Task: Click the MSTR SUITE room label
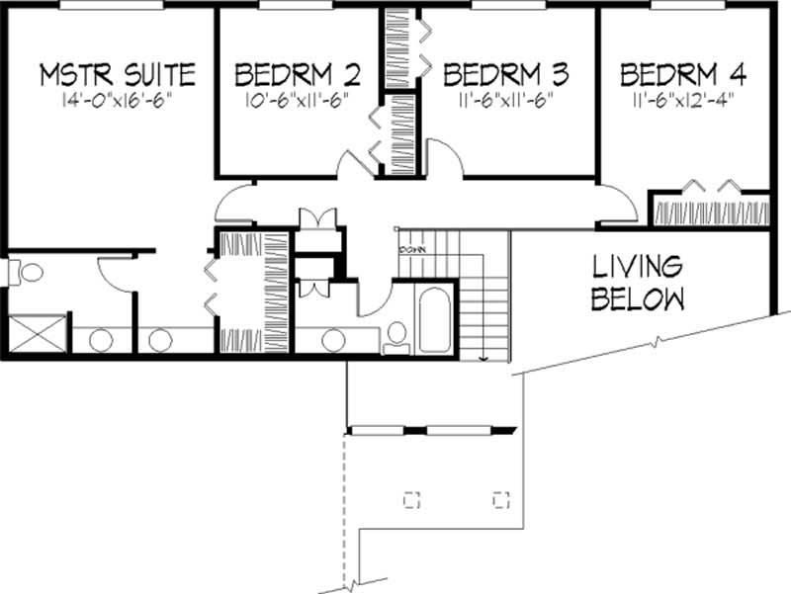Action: [x=117, y=74]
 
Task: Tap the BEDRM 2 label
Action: [x=297, y=74]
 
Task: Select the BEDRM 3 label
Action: [x=506, y=74]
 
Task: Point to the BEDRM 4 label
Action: [x=683, y=74]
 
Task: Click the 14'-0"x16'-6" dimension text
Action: [x=117, y=101]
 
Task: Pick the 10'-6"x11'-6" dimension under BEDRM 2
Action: [x=297, y=101]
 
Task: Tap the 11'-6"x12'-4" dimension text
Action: [x=683, y=101]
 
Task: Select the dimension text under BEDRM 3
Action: [x=506, y=101]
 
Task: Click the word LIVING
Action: [x=637, y=267]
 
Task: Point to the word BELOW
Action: [x=637, y=299]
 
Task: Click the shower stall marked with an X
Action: [x=35, y=334]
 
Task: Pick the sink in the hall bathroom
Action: [x=332, y=339]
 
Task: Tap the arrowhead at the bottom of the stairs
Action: [x=484, y=358]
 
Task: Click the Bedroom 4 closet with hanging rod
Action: [x=709, y=212]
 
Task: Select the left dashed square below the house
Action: [x=412, y=498]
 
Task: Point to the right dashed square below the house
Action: [x=501, y=498]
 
